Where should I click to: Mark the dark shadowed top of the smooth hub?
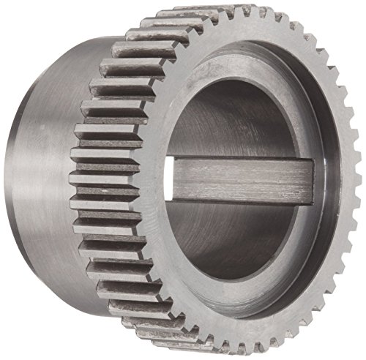(73, 55)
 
